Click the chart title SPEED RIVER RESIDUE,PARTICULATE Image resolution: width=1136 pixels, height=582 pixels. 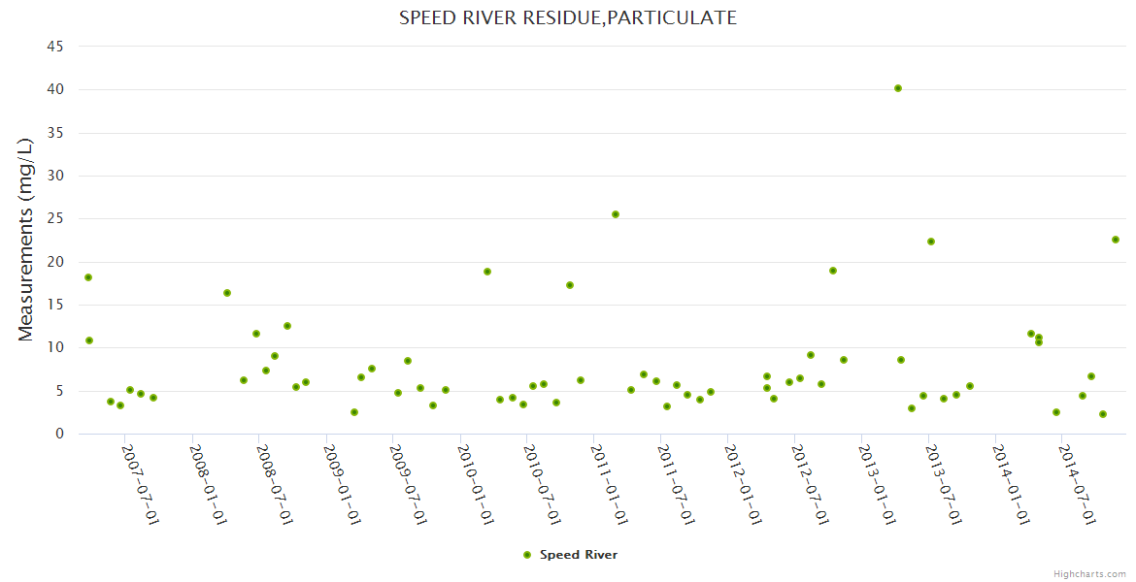[567, 17]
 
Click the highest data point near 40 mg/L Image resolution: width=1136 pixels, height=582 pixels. [898, 88]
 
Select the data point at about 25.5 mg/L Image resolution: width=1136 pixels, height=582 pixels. [616, 214]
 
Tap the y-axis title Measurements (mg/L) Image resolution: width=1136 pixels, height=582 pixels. [26, 239]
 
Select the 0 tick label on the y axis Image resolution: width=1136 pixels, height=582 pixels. [59, 434]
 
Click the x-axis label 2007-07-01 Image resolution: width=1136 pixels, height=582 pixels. [140, 484]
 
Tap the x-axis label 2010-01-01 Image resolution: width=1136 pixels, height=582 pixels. [475, 484]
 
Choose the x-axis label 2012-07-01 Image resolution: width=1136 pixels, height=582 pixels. [810, 484]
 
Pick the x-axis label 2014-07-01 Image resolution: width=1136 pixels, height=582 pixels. [1078, 484]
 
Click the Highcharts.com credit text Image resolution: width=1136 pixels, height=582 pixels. [1089, 573]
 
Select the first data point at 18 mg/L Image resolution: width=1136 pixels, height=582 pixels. [88, 277]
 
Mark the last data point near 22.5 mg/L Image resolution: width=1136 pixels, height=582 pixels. [1116, 240]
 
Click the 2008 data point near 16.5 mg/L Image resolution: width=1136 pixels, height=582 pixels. [227, 293]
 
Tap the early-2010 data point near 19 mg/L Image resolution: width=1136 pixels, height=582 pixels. [487, 272]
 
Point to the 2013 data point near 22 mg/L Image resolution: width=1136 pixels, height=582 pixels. [931, 242]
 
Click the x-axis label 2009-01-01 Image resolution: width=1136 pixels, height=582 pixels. [341, 484]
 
